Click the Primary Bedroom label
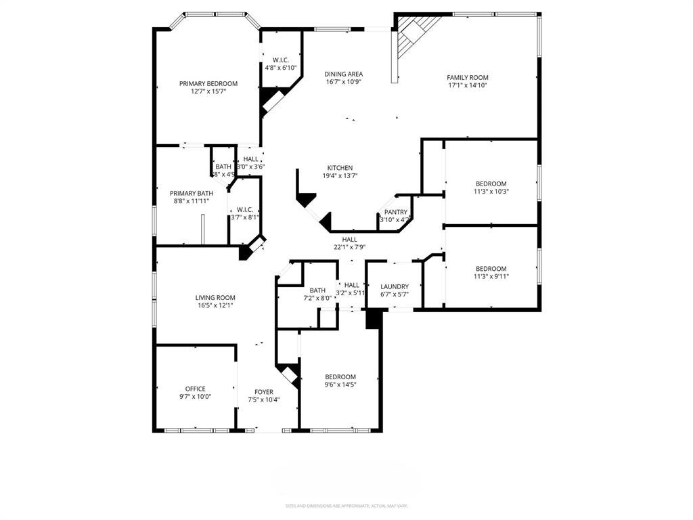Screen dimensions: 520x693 click(x=208, y=83)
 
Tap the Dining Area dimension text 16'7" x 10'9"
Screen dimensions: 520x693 click(x=344, y=83)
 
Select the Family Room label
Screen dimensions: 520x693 click(x=467, y=77)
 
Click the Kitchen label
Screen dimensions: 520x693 click(x=340, y=168)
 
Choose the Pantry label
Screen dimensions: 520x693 click(x=396, y=212)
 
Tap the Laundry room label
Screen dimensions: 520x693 click(x=395, y=286)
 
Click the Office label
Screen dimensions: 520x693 click(x=195, y=389)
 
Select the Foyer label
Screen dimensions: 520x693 click(x=263, y=392)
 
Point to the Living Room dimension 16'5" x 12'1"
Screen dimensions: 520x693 click(x=215, y=305)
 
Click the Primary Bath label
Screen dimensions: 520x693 click(x=192, y=193)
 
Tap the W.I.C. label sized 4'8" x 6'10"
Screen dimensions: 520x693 click(x=281, y=60)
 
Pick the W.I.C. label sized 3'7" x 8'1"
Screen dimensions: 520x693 click(x=244, y=209)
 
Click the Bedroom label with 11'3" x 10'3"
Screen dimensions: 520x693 click(x=491, y=183)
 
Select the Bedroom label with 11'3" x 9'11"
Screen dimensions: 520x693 click(x=491, y=268)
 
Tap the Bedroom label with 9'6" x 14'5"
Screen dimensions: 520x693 click(x=340, y=376)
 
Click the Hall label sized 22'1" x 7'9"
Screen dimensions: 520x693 click(x=349, y=239)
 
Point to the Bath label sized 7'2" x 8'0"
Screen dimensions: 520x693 click(x=317, y=290)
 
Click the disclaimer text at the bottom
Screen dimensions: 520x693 click(x=346, y=506)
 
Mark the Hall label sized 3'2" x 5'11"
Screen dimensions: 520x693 click(x=352, y=285)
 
